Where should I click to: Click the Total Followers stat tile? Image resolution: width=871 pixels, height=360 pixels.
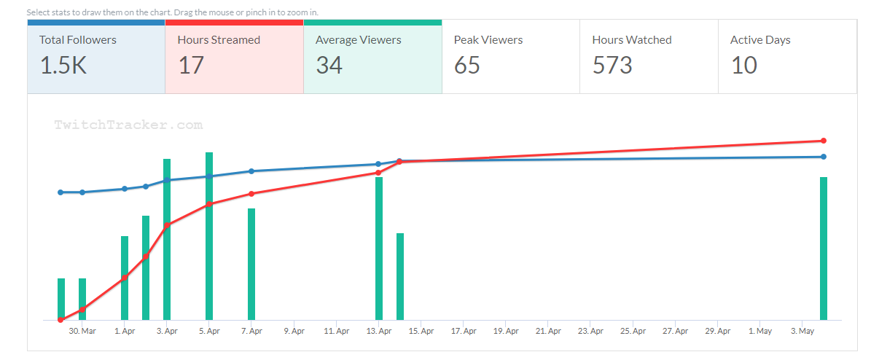coord(95,57)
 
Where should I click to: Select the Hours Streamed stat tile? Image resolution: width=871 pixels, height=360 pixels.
coord(233,57)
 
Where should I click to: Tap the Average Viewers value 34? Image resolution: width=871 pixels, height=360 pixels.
coord(329,66)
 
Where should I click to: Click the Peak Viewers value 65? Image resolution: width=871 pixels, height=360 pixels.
coord(467,66)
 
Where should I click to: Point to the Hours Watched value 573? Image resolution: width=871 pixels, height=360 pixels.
coord(612,66)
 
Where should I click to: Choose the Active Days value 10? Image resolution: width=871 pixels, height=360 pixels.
coord(744,66)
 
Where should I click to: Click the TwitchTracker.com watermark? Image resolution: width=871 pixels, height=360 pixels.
coord(128,125)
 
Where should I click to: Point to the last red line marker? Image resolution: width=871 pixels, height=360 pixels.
coord(824,141)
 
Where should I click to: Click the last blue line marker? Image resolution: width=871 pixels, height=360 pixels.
coord(824,157)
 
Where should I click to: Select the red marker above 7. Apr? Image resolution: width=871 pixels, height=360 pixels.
coord(251,194)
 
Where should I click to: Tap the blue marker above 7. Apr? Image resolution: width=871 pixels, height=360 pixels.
coord(251,171)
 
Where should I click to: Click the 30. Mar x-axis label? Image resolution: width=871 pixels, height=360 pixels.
coord(82,331)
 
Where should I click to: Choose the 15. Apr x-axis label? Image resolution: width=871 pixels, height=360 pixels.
coord(421,331)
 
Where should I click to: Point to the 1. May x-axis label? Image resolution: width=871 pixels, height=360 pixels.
coord(760,331)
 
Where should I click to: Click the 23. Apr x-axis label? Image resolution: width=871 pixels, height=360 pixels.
coord(590,331)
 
